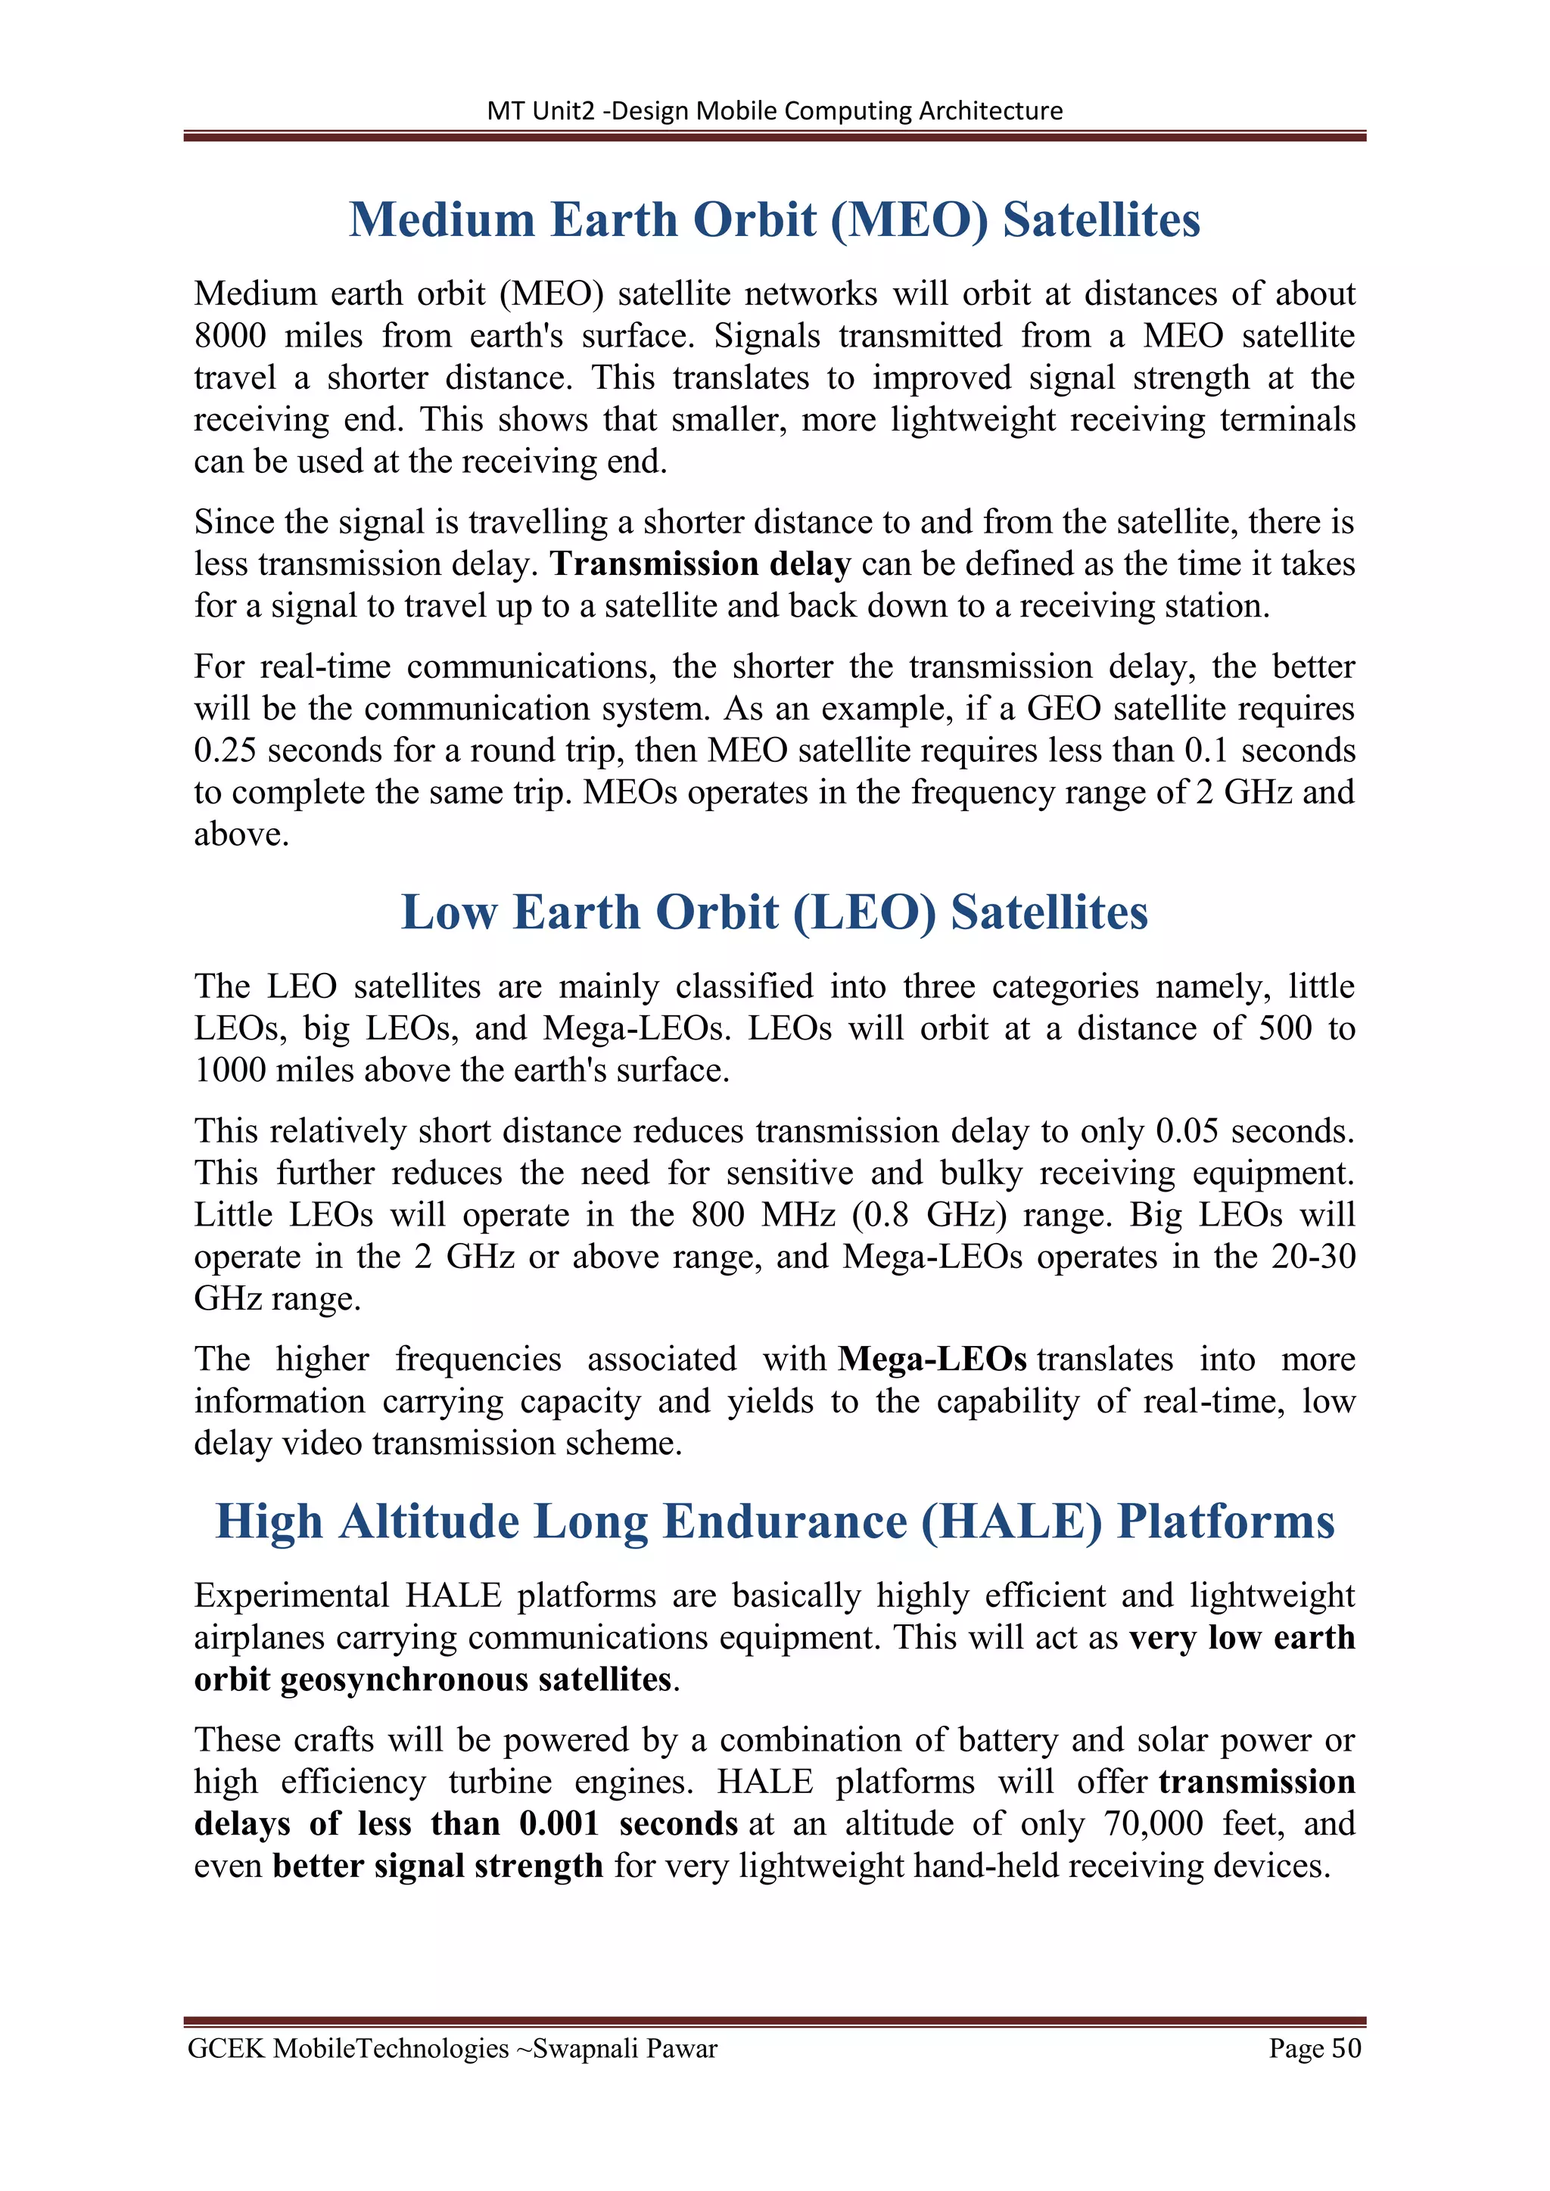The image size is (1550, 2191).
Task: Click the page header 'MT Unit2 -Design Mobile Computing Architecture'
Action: pos(774,110)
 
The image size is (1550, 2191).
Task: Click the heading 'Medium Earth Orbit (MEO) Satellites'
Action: pos(774,219)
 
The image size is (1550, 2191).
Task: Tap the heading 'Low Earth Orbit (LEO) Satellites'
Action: pos(774,912)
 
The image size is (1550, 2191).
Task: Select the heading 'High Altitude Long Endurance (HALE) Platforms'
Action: pos(774,1521)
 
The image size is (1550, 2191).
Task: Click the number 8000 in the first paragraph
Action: pos(229,336)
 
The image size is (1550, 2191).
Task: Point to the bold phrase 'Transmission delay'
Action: pos(701,564)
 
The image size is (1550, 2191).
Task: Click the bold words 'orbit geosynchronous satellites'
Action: pos(432,1680)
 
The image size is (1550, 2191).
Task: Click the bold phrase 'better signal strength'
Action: pos(437,1866)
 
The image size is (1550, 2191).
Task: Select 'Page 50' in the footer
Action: pos(1315,2049)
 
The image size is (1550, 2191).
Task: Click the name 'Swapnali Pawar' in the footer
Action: pos(625,2049)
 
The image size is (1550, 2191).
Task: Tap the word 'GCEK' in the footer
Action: pos(226,2049)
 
